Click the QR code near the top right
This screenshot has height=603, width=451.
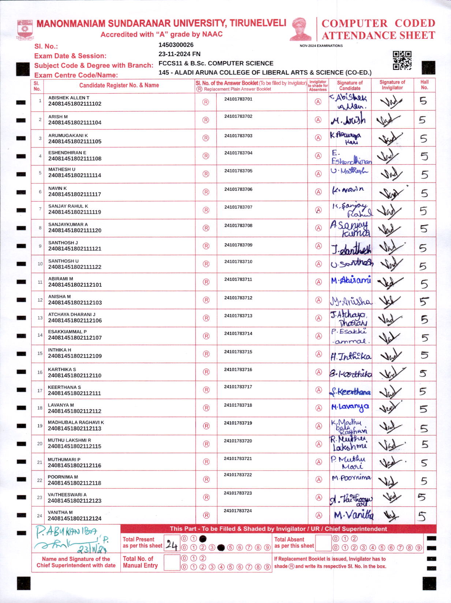click(x=402, y=60)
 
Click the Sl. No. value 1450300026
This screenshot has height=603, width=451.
click(x=176, y=45)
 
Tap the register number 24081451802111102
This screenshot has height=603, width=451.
click(x=75, y=104)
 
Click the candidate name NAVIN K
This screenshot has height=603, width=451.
click(x=57, y=188)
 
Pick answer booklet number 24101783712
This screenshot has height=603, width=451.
click(x=238, y=298)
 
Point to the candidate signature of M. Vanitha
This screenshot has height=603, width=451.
click(x=353, y=515)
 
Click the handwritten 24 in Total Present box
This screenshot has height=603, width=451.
click(x=171, y=545)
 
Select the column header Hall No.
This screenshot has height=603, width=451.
click(x=424, y=85)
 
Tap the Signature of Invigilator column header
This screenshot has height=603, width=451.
click(x=392, y=85)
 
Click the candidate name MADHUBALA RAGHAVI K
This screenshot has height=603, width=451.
click(x=76, y=422)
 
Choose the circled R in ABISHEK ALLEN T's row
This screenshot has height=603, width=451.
click(x=206, y=102)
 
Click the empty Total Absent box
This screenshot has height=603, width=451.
click(x=323, y=543)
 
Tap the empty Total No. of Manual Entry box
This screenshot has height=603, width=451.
click(x=172, y=562)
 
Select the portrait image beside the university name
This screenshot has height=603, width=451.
click(x=301, y=29)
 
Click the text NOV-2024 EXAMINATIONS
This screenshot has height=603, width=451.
click(x=321, y=46)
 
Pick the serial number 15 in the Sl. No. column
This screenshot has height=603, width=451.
click(x=40, y=353)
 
